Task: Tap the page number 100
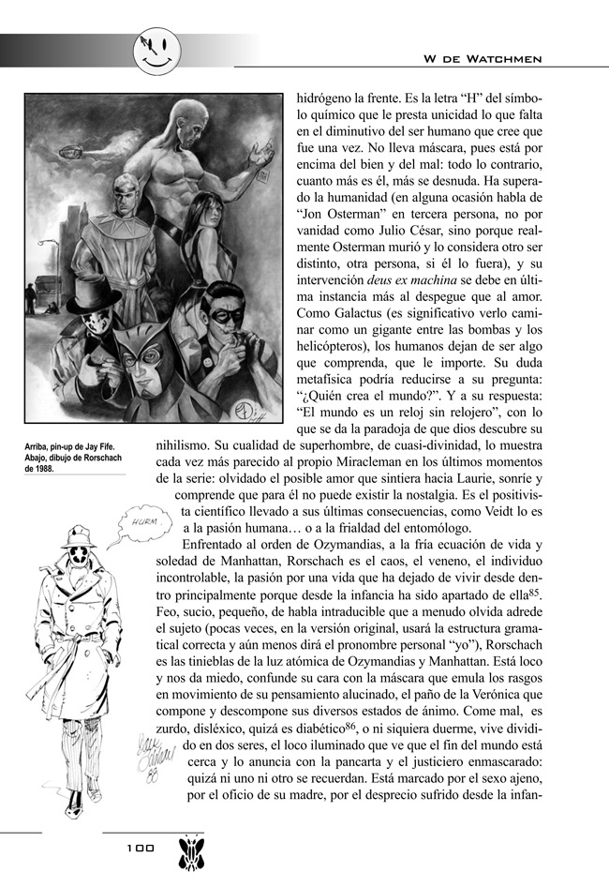coord(140,847)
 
